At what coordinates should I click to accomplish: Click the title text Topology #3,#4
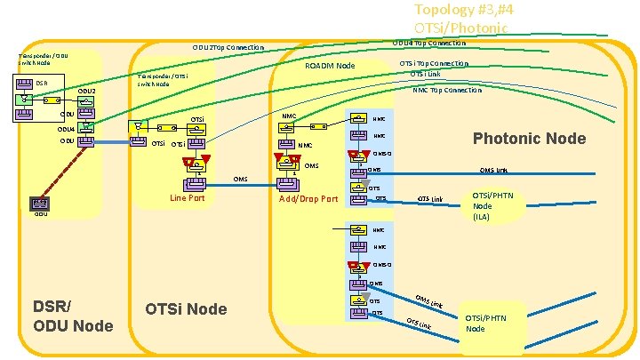pyautogui.click(x=461, y=10)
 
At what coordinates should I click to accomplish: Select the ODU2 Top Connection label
pyautogui.click(x=228, y=47)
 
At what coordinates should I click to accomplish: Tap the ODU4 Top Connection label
pyautogui.click(x=428, y=43)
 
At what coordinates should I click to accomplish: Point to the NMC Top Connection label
pyautogui.click(x=447, y=90)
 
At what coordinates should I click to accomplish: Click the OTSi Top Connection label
pyautogui.click(x=433, y=63)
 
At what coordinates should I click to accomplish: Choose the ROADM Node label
pyautogui.click(x=330, y=66)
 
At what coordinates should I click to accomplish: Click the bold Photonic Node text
pyautogui.click(x=529, y=138)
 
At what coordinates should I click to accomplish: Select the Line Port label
pyautogui.click(x=187, y=197)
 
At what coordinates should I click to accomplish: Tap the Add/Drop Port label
pyautogui.click(x=308, y=198)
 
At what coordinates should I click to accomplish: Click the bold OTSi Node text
pyautogui.click(x=186, y=308)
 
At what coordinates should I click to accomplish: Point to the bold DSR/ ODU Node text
pyautogui.click(x=74, y=316)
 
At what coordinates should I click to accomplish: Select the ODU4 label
pyautogui.click(x=66, y=128)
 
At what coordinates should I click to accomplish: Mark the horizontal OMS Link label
pyautogui.click(x=493, y=171)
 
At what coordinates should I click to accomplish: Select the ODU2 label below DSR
pyautogui.click(x=86, y=92)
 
